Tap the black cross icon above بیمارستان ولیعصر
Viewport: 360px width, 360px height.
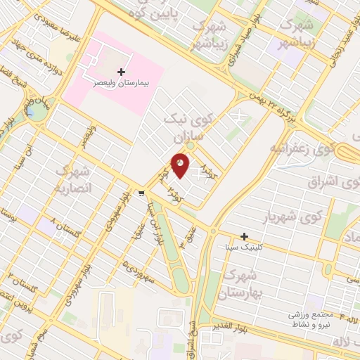[122, 72]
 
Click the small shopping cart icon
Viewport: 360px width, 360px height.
[142, 193]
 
